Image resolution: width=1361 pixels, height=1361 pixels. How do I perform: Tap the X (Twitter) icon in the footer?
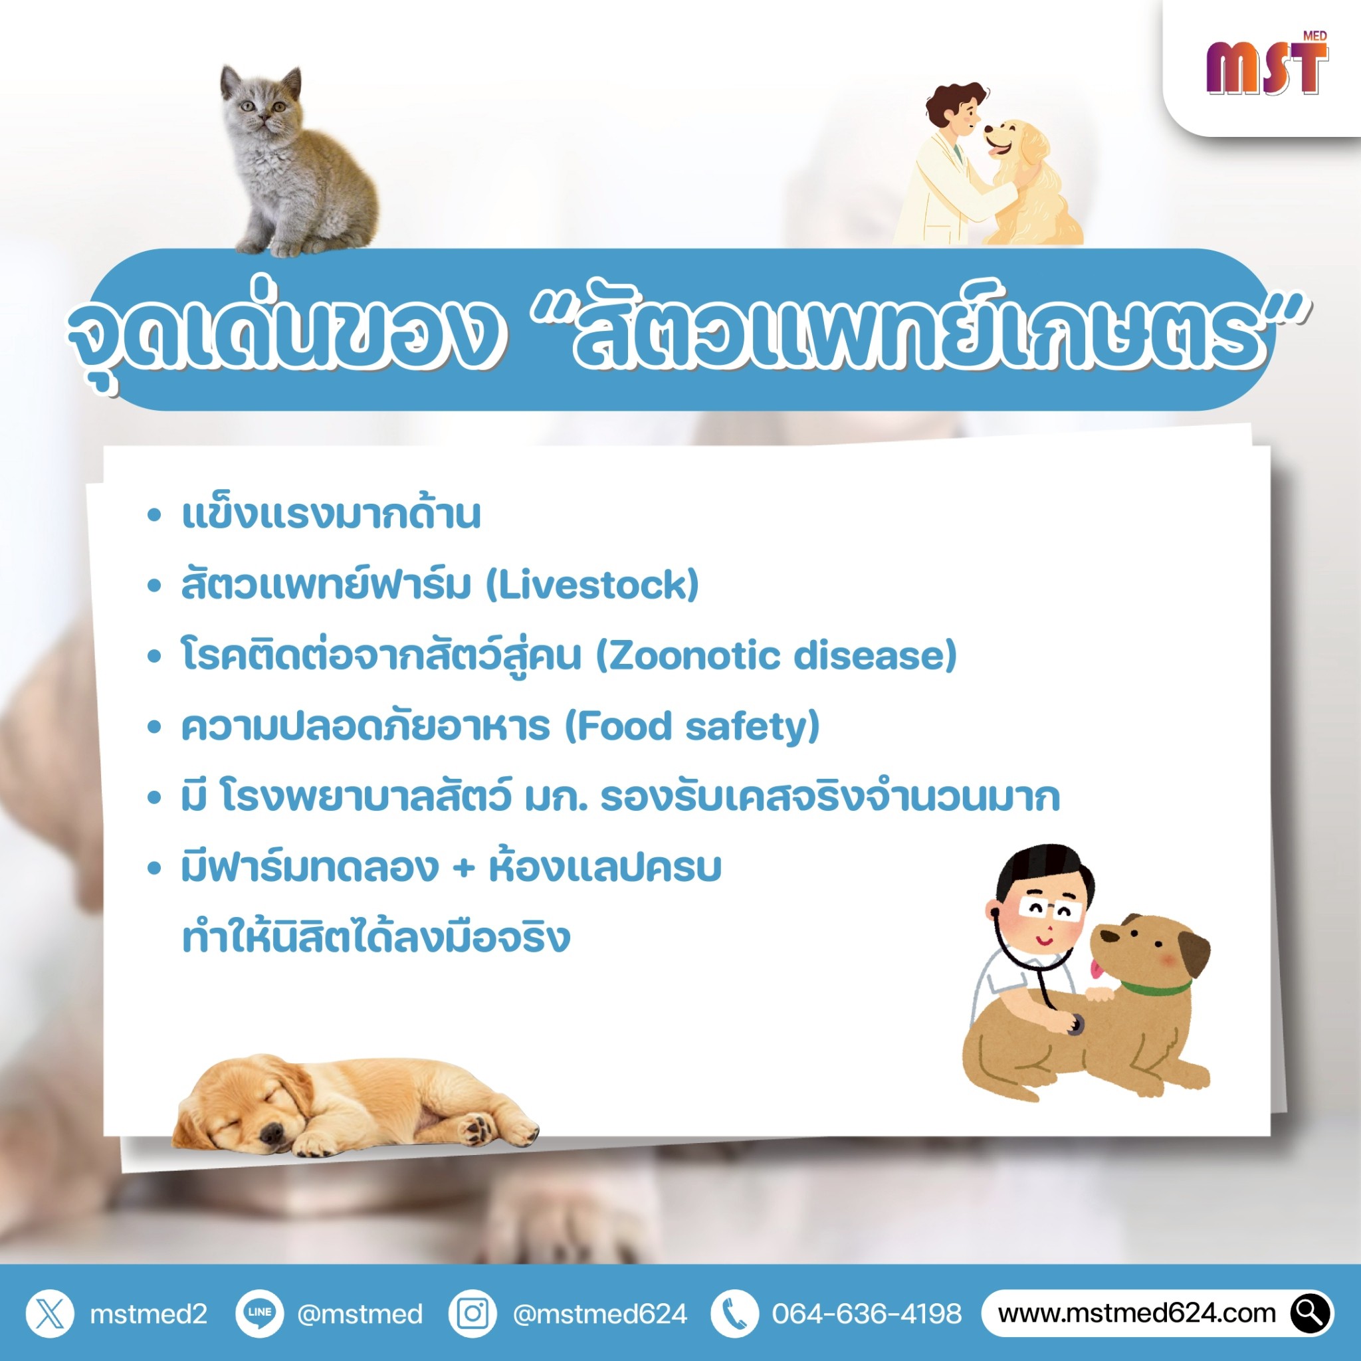[49, 1314]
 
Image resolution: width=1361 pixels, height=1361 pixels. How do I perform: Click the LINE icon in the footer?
[259, 1314]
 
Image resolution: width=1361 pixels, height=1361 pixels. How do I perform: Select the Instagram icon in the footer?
[472, 1314]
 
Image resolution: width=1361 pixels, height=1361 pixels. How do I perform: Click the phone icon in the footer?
[735, 1314]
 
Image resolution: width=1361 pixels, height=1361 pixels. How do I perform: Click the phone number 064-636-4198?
[867, 1314]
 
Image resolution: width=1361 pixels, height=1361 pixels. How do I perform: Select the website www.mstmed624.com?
[1137, 1314]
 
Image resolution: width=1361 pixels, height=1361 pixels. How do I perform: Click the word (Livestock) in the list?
[592, 585]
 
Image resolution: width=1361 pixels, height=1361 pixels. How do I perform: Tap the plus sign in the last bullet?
[463, 868]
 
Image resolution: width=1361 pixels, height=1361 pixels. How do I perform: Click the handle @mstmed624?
[599, 1314]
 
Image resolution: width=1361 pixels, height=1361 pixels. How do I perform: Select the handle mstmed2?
[149, 1314]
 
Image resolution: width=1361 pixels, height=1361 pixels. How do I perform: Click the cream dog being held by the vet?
[1031, 183]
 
